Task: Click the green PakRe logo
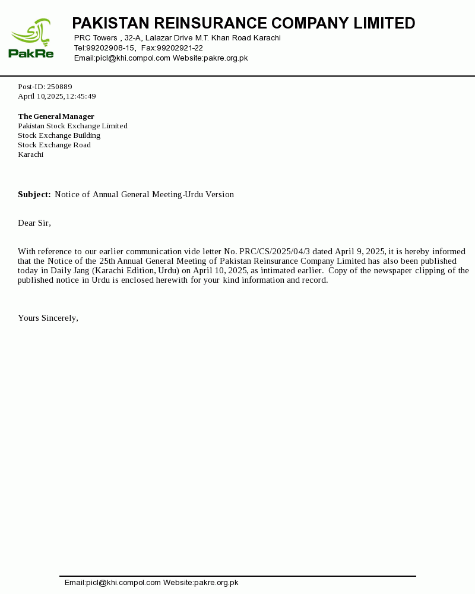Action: coord(31,38)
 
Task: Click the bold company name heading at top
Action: coord(243,23)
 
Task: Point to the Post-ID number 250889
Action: coord(59,87)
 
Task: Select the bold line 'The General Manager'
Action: coord(56,116)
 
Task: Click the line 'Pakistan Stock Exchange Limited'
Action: coord(72,126)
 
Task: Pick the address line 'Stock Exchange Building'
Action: coord(59,135)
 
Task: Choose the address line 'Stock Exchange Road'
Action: coord(54,145)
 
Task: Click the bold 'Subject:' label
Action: coord(34,194)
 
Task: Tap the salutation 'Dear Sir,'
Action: coord(34,223)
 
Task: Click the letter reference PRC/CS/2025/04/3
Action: coord(274,251)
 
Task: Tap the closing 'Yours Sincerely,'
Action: coord(48,318)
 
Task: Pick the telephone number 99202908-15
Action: coord(110,48)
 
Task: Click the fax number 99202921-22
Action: coord(180,48)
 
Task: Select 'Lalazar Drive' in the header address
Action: coord(169,38)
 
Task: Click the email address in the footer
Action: coord(113,583)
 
